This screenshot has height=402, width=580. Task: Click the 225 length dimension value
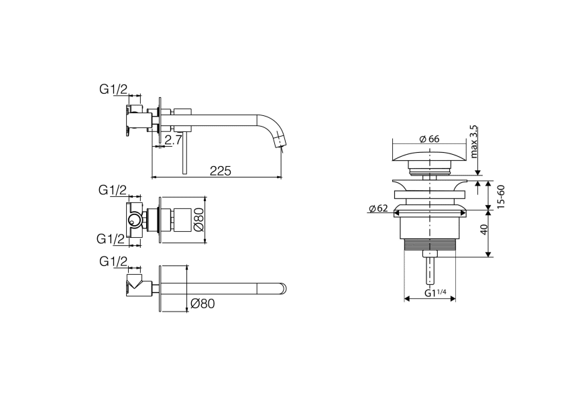click(220, 171)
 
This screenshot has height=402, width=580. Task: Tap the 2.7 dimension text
click(173, 140)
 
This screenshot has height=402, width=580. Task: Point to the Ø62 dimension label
click(378, 209)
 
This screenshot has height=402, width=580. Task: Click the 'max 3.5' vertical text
click(474, 141)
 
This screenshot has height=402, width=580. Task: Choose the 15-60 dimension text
click(501, 194)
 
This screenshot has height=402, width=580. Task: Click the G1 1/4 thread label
click(435, 293)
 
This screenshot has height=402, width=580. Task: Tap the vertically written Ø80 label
click(198, 219)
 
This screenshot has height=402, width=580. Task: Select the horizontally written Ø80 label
click(202, 304)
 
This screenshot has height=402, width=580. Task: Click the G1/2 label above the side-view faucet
click(113, 89)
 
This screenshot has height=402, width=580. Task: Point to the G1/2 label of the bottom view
click(113, 261)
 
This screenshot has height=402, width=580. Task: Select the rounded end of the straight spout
click(284, 289)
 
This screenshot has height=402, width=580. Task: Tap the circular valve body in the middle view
click(135, 219)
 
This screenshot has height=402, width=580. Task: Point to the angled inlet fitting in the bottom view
click(136, 285)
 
